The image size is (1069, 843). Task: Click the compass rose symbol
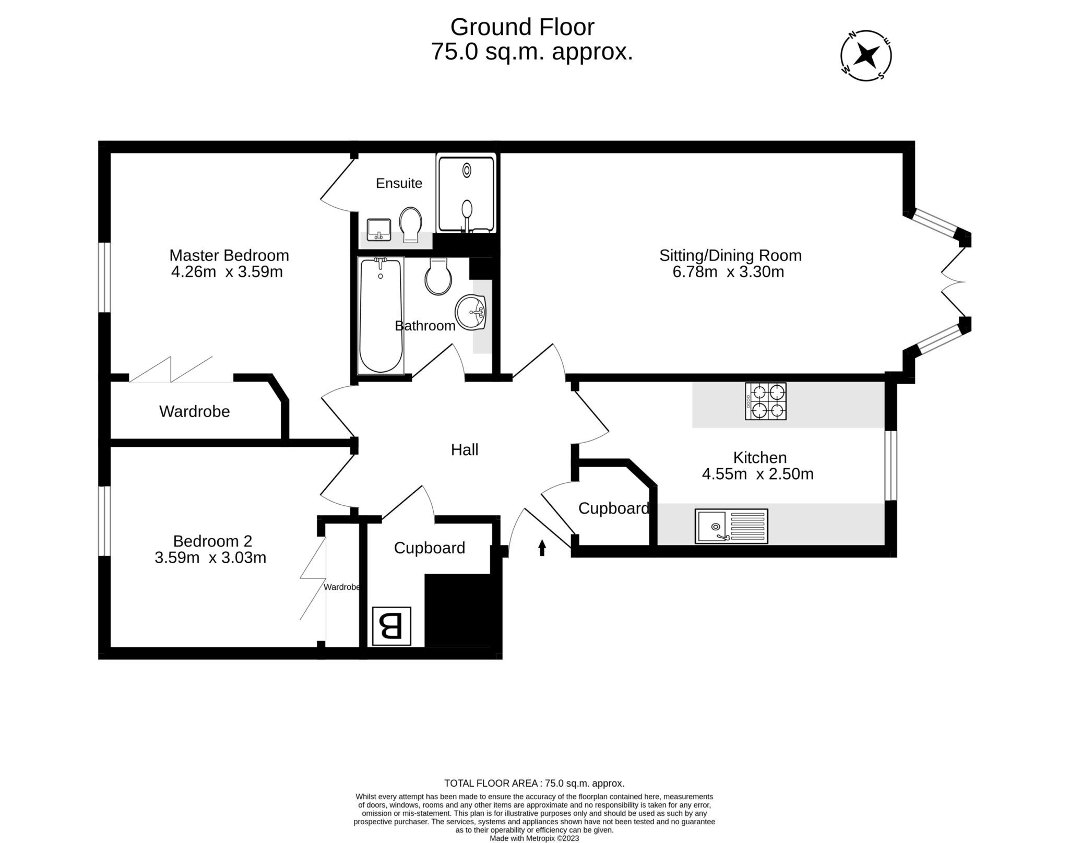(x=866, y=55)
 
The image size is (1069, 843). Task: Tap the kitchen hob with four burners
(x=765, y=401)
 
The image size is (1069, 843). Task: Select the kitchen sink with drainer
(x=731, y=526)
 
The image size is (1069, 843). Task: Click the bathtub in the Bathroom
(x=381, y=315)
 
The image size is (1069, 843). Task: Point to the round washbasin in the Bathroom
(x=471, y=312)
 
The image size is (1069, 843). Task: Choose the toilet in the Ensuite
(x=411, y=224)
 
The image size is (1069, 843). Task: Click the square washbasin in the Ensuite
(x=378, y=230)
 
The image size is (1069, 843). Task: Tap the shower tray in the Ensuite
(x=466, y=194)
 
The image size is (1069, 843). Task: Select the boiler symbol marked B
(x=391, y=626)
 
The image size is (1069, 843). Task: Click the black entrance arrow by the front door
(x=542, y=547)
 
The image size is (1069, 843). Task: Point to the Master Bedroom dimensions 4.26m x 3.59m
(x=227, y=272)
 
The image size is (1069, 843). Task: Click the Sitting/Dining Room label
(x=730, y=255)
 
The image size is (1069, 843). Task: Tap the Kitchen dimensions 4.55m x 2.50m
(x=757, y=474)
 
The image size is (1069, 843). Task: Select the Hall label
(x=464, y=449)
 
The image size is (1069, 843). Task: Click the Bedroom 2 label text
(x=212, y=540)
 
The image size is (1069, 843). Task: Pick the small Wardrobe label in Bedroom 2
(x=341, y=587)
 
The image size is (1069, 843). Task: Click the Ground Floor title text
(x=522, y=27)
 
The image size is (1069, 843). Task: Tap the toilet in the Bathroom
(x=438, y=277)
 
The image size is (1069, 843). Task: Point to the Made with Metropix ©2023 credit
(x=534, y=838)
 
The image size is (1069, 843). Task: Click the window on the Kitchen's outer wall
(x=890, y=465)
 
